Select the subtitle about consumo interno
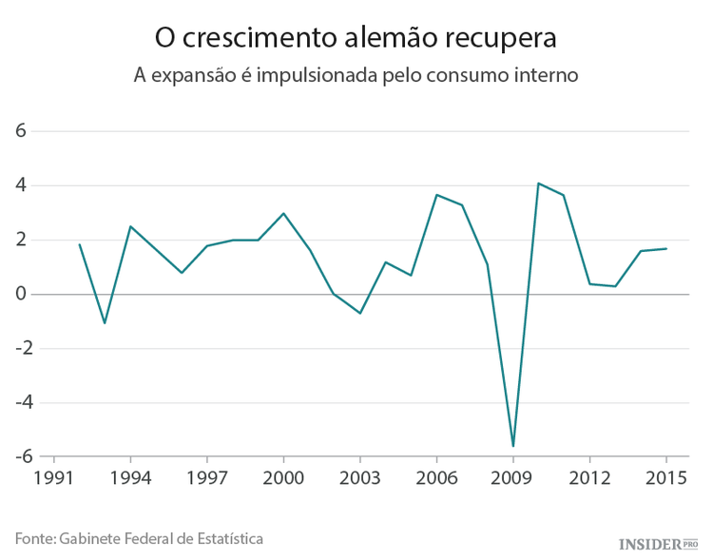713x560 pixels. coord(356,75)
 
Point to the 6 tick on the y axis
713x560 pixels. coord(20,131)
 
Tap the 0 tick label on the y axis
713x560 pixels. coord(20,294)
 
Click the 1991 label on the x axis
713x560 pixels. coord(53,477)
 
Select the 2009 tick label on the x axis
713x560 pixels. coord(512,477)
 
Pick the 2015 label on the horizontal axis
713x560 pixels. coord(665,477)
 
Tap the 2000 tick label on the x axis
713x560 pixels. coord(283,477)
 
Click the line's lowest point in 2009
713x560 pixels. coord(513,446)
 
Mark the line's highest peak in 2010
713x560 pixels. coord(538,183)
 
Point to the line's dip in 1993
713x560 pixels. coord(105,323)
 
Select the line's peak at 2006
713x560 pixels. coord(436,195)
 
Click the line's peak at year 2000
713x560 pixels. coord(283,213)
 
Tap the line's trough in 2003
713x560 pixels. coord(360,313)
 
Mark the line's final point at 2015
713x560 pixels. coord(665,249)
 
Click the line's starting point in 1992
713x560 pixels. coord(79,244)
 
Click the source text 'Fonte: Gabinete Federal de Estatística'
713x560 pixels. coord(139,538)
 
